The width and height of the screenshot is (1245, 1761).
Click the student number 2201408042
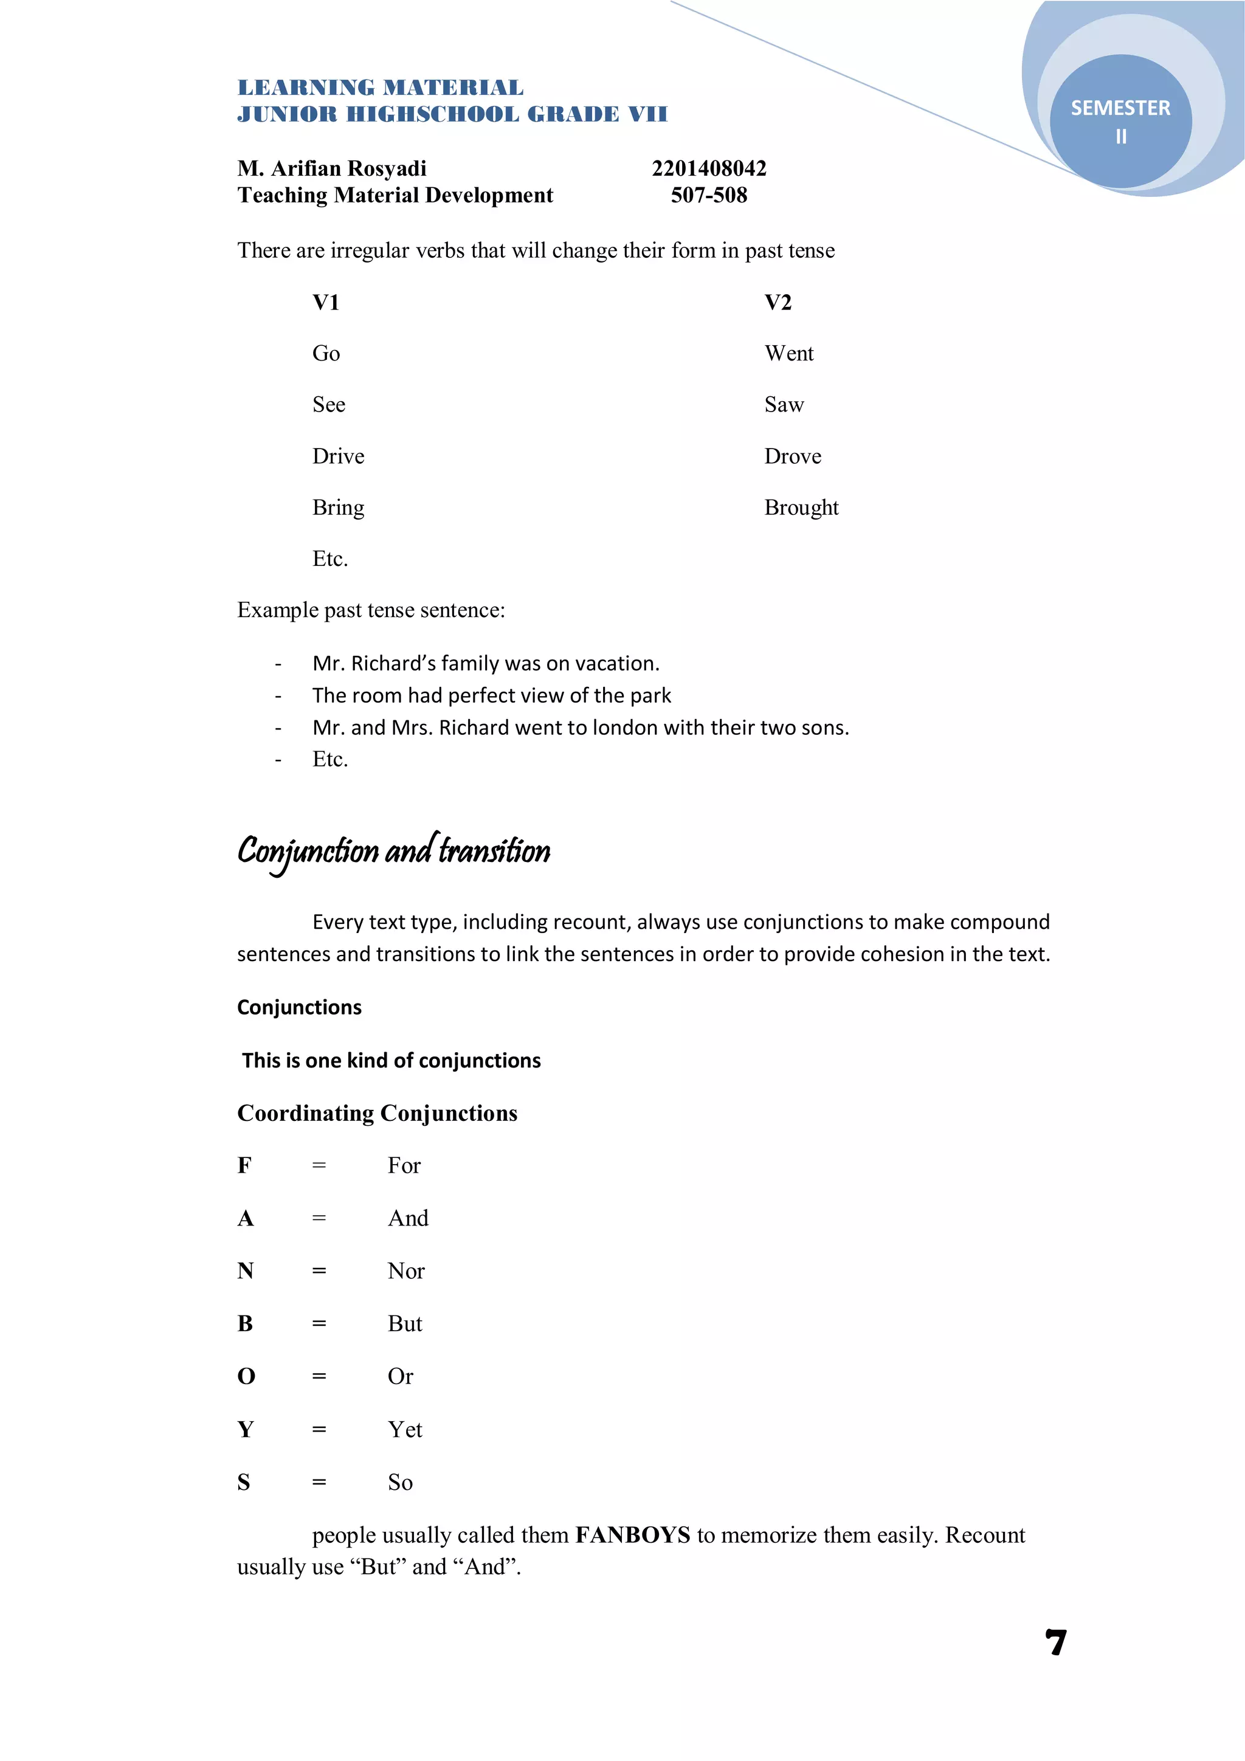[709, 168]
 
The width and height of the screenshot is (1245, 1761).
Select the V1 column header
[326, 302]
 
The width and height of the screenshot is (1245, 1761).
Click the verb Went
[788, 354]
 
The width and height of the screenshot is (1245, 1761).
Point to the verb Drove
[793, 457]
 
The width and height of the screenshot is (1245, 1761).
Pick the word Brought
[801, 508]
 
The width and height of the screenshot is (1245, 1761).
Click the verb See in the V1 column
[328, 405]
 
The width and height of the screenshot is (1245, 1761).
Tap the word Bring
[337, 508]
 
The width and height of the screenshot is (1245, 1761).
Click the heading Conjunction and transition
[393, 852]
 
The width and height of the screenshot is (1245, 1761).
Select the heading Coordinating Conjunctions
[377, 1113]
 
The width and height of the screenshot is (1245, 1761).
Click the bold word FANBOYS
[633, 1535]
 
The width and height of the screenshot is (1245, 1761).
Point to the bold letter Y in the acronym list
[246, 1430]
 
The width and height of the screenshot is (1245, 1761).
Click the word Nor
[406, 1271]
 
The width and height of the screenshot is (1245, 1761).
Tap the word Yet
[405, 1430]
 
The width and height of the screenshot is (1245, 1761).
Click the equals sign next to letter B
[319, 1324]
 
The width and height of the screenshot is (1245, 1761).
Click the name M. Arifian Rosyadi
[331, 168]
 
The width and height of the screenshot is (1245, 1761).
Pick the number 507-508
[709, 195]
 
